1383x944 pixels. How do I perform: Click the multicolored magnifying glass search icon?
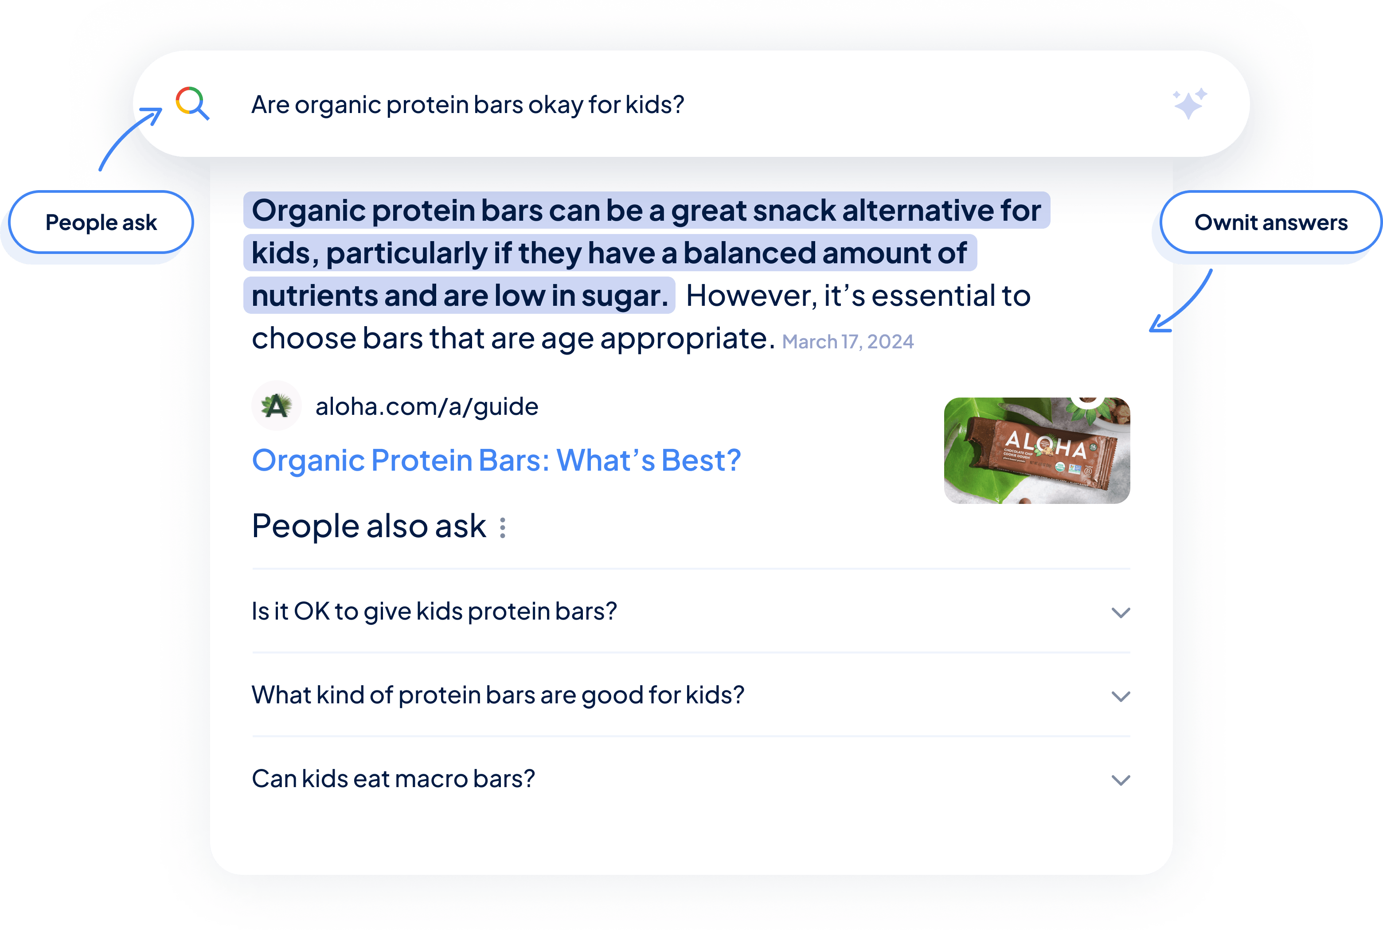[191, 103]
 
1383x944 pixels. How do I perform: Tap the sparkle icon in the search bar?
[1190, 104]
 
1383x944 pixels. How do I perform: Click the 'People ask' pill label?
[101, 222]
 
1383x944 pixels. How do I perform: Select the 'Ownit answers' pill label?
[1270, 222]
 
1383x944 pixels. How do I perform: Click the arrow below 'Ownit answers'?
[1184, 303]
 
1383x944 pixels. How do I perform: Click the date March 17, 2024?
[848, 341]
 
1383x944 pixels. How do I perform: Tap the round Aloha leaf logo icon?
[276, 406]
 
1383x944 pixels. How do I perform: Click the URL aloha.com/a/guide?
[427, 406]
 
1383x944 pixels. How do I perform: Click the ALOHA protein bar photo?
[1037, 450]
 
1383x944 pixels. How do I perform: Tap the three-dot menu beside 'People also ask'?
[503, 527]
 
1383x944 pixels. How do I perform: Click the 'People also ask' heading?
[369, 526]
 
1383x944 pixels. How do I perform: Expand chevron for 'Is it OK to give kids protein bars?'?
[1121, 612]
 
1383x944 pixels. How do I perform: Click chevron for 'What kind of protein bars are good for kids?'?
[1121, 697]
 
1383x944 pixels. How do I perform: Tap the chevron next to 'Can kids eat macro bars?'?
[1121, 780]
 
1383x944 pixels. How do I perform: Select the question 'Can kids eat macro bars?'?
[393, 779]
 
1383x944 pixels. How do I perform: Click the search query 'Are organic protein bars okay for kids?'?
[468, 105]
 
